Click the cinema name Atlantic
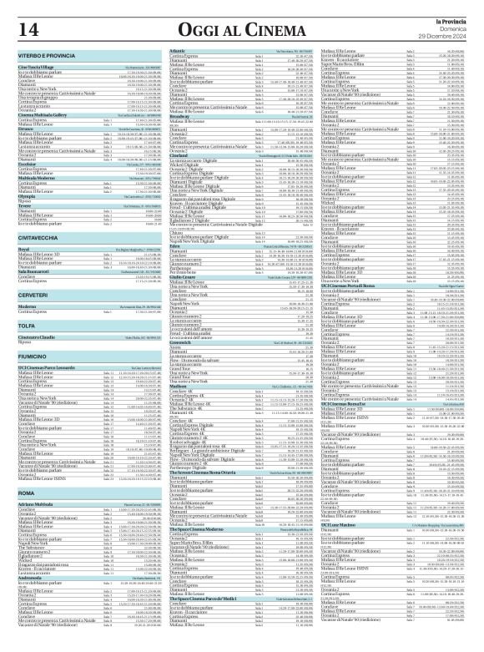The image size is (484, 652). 177,51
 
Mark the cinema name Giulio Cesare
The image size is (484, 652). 182,254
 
